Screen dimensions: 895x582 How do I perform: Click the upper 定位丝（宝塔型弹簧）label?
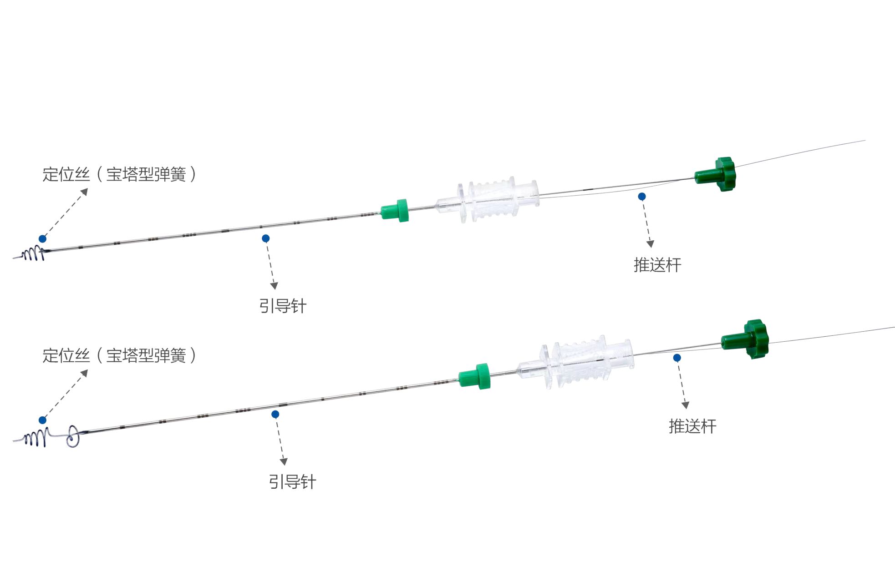(x=119, y=174)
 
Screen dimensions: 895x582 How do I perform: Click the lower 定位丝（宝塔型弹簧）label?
(x=119, y=355)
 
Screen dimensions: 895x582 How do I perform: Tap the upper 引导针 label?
(x=283, y=306)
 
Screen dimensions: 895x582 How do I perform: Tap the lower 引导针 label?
(x=292, y=481)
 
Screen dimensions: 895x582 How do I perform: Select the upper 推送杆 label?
(x=657, y=265)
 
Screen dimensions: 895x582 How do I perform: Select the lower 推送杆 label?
(x=692, y=426)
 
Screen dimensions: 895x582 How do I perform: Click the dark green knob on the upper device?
(x=717, y=174)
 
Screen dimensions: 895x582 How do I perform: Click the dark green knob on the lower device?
(x=746, y=339)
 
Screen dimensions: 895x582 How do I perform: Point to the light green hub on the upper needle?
(x=395, y=210)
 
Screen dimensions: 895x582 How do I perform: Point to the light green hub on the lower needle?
(x=475, y=376)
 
